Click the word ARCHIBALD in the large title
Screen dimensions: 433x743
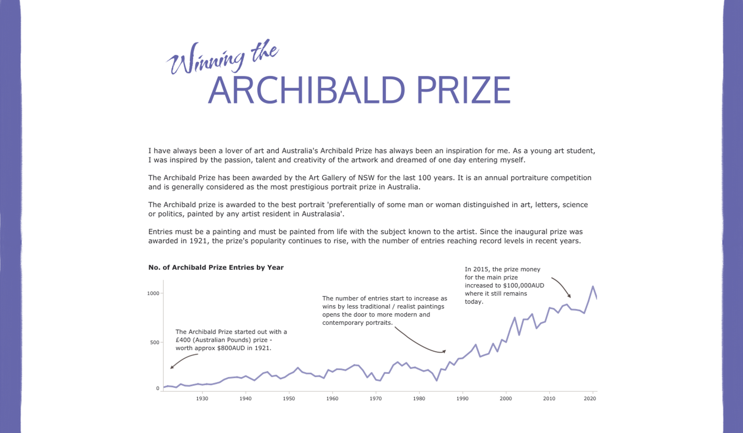(x=306, y=90)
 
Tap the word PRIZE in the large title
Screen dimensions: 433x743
(x=463, y=90)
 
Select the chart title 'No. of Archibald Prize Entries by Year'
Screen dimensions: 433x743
(x=216, y=267)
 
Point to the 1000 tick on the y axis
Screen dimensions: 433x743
(x=153, y=293)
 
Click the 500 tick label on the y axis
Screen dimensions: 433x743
(x=154, y=342)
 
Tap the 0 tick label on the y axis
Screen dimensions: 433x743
(x=158, y=388)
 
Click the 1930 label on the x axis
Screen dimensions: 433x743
(x=202, y=398)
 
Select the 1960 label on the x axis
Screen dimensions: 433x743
(x=332, y=398)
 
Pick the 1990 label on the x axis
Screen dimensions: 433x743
(x=462, y=398)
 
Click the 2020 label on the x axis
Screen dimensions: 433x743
(x=590, y=398)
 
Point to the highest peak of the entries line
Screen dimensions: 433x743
(x=593, y=287)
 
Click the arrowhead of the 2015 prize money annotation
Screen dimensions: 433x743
(x=569, y=296)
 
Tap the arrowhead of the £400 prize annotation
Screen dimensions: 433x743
(x=171, y=367)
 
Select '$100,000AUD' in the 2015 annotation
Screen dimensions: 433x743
(x=525, y=285)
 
